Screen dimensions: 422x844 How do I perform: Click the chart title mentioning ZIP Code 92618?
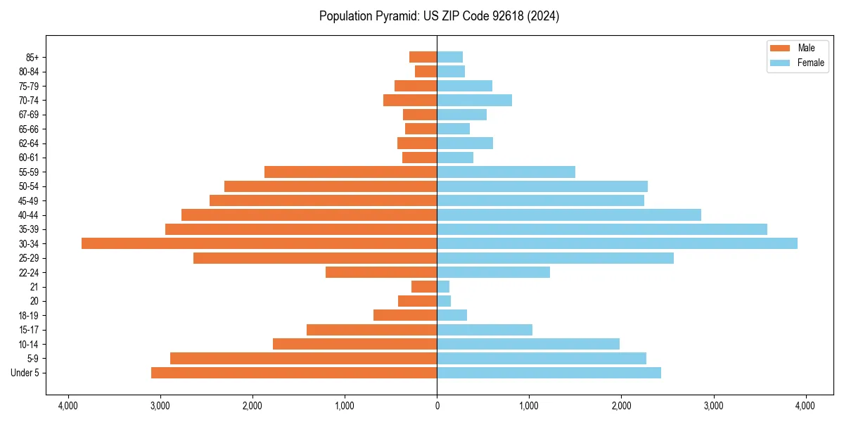tap(439, 16)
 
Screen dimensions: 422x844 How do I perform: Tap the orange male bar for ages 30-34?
tap(259, 243)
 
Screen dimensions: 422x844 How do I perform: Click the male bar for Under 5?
tap(294, 373)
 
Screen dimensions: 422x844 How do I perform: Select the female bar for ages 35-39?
tap(602, 229)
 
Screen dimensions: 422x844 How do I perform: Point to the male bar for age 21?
tap(424, 286)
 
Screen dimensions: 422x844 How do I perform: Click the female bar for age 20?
tap(444, 301)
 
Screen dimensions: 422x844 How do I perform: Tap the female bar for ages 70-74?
tap(474, 101)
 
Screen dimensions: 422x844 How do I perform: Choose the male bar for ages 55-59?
tap(350, 172)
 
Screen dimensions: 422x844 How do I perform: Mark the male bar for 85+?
tap(423, 57)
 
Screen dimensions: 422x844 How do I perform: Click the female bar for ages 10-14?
tap(528, 344)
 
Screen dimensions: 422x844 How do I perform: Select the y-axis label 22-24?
tap(29, 272)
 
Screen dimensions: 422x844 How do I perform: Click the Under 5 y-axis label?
tap(25, 373)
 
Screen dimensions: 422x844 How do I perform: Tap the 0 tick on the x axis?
tap(437, 406)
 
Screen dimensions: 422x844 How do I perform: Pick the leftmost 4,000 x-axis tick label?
tap(68, 406)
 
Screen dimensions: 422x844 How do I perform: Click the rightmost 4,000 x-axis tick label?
tap(805, 406)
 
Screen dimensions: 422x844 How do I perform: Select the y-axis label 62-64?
tap(29, 143)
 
